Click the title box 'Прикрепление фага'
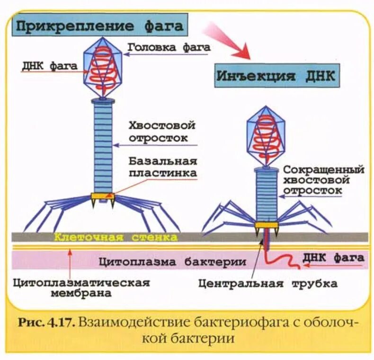click(x=99, y=25)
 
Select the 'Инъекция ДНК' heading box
click(x=276, y=76)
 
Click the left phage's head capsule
click(x=103, y=69)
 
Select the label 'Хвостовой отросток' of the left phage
click(x=162, y=132)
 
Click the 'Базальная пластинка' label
click(x=162, y=167)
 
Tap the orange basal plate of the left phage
click(x=103, y=196)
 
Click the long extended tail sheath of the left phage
click(x=103, y=147)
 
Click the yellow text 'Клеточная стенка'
click(x=116, y=237)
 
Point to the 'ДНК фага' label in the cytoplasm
click(x=333, y=258)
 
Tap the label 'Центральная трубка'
click(x=268, y=284)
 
